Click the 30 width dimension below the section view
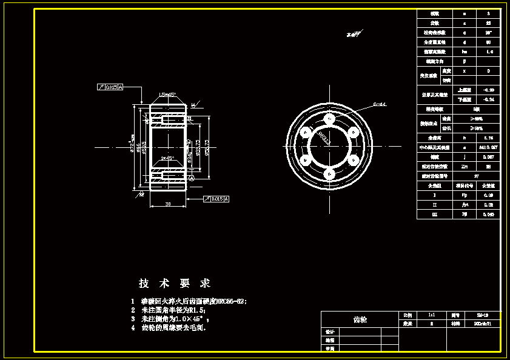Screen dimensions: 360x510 [x=167, y=204]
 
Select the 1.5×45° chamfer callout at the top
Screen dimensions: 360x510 [x=167, y=95]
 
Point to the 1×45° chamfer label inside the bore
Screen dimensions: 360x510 [x=167, y=158]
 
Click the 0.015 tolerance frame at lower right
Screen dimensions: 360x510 [x=216, y=198]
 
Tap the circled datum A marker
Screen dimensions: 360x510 [x=192, y=179]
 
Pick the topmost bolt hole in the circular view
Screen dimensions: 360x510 [x=328, y=119]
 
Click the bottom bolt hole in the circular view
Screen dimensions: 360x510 [x=328, y=174]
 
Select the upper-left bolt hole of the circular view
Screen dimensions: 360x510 [x=304, y=132]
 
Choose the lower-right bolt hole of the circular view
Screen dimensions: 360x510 [x=352, y=160]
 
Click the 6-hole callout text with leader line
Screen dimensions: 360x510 [x=380, y=104]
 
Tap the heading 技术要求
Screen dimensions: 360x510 [x=175, y=283]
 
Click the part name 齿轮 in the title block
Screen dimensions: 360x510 [x=360, y=319]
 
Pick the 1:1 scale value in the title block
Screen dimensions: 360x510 [x=431, y=315]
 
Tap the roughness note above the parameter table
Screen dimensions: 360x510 [x=354, y=34]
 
